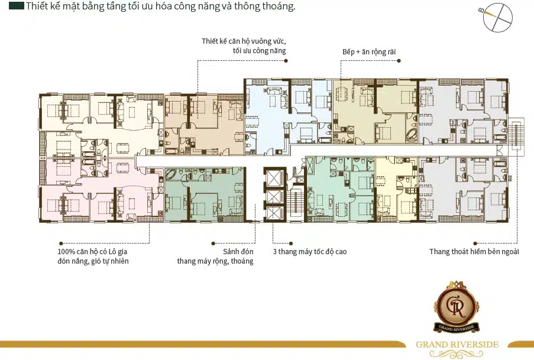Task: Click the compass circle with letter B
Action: pos(497,18)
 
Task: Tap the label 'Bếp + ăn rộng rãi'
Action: pos(369,52)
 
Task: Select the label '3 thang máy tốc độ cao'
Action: pos(310,252)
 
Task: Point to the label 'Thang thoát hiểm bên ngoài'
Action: pos(474,252)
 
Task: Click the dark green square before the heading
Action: pos(17,5)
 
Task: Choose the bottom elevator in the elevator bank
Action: pos(275,214)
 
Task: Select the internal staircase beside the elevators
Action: pos(295,202)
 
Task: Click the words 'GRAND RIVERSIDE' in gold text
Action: pos(457,345)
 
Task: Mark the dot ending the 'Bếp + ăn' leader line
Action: pos(399,61)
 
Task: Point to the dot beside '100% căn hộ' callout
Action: pos(61,244)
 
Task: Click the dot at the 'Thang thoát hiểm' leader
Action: pos(475,244)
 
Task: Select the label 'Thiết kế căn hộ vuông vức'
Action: pos(244,41)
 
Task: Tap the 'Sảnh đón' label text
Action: pos(238,252)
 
